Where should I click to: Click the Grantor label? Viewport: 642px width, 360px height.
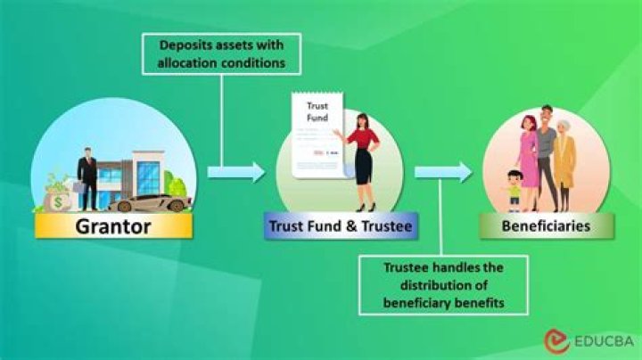[x=112, y=225]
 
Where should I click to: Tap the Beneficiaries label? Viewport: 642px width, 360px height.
[x=547, y=225]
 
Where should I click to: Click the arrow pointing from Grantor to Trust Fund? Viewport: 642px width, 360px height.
[x=237, y=171]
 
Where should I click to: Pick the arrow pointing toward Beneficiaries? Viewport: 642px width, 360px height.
[x=443, y=171]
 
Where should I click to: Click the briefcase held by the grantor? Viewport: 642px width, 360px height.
[x=78, y=188]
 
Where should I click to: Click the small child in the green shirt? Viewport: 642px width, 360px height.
[x=512, y=187]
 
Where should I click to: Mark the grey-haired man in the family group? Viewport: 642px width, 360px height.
[x=547, y=151]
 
